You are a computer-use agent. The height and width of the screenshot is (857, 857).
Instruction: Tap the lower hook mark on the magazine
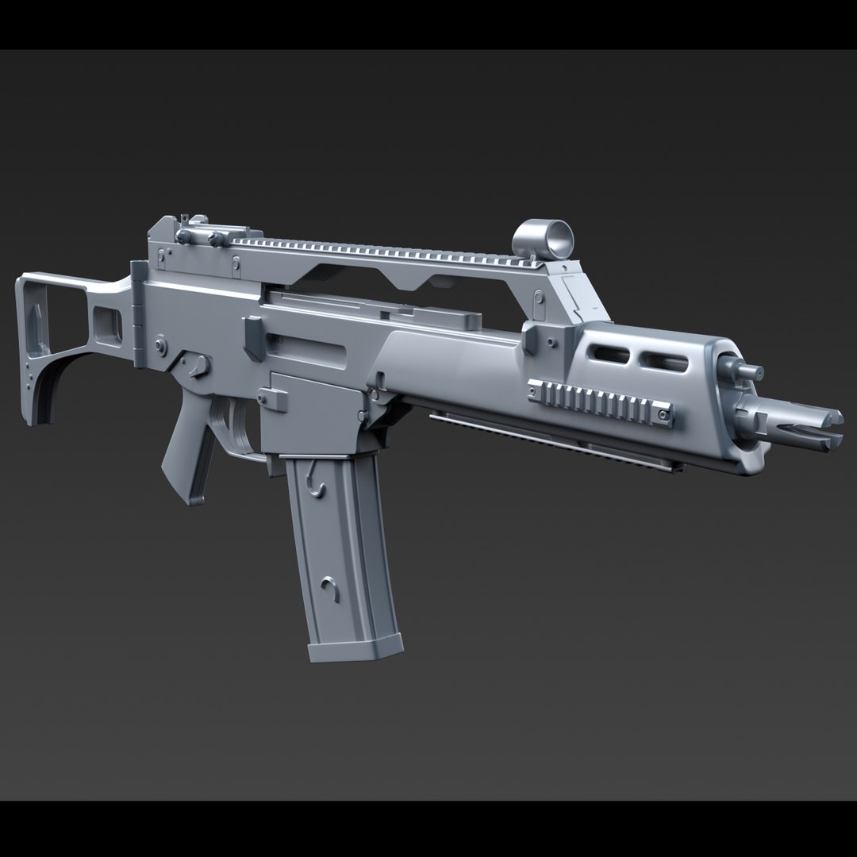coord(329,588)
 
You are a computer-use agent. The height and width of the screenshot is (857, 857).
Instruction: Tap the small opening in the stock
coord(107,324)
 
